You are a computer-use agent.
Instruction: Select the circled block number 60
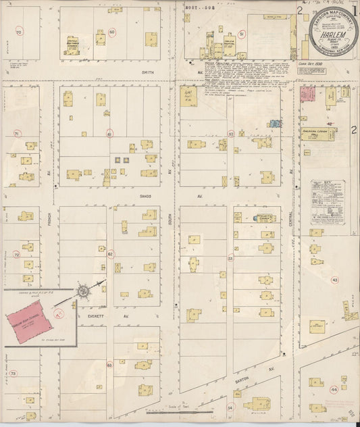[x=111, y=32]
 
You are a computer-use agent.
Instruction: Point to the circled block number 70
[x=19, y=32]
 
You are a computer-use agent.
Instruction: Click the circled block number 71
[x=18, y=134]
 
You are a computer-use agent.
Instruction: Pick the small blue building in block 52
[x=275, y=123]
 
